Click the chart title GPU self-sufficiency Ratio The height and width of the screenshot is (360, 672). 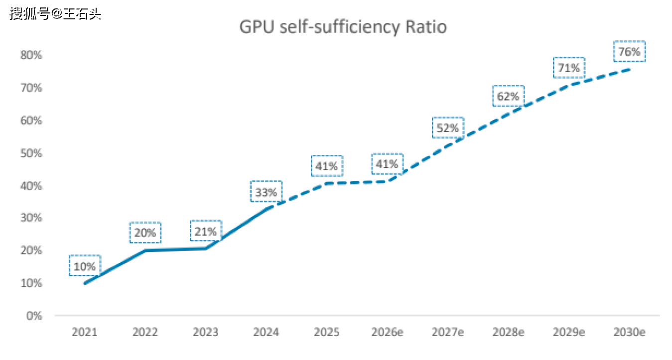(343, 27)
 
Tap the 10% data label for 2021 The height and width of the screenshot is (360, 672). (85, 266)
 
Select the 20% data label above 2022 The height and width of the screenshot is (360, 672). (145, 233)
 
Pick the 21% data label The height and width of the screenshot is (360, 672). (206, 232)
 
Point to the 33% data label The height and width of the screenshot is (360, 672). (266, 192)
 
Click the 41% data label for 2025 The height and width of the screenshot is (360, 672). (327, 166)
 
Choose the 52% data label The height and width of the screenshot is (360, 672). (447, 128)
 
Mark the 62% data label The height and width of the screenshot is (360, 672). (508, 96)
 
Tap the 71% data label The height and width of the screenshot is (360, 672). (568, 68)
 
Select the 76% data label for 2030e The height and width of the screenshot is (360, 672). (629, 51)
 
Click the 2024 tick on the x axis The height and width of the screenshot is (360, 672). (266, 332)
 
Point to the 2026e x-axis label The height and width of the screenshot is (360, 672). (387, 332)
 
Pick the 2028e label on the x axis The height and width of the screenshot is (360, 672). (508, 332)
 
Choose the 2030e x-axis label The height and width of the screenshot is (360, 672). (629, 332)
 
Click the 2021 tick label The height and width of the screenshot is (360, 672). (85, 332)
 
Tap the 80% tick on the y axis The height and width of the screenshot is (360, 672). (31, 55)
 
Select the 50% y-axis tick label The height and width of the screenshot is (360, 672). (31, 153)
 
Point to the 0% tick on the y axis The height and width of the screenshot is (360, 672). (34, 316)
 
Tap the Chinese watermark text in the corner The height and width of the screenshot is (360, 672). (55, 13)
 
